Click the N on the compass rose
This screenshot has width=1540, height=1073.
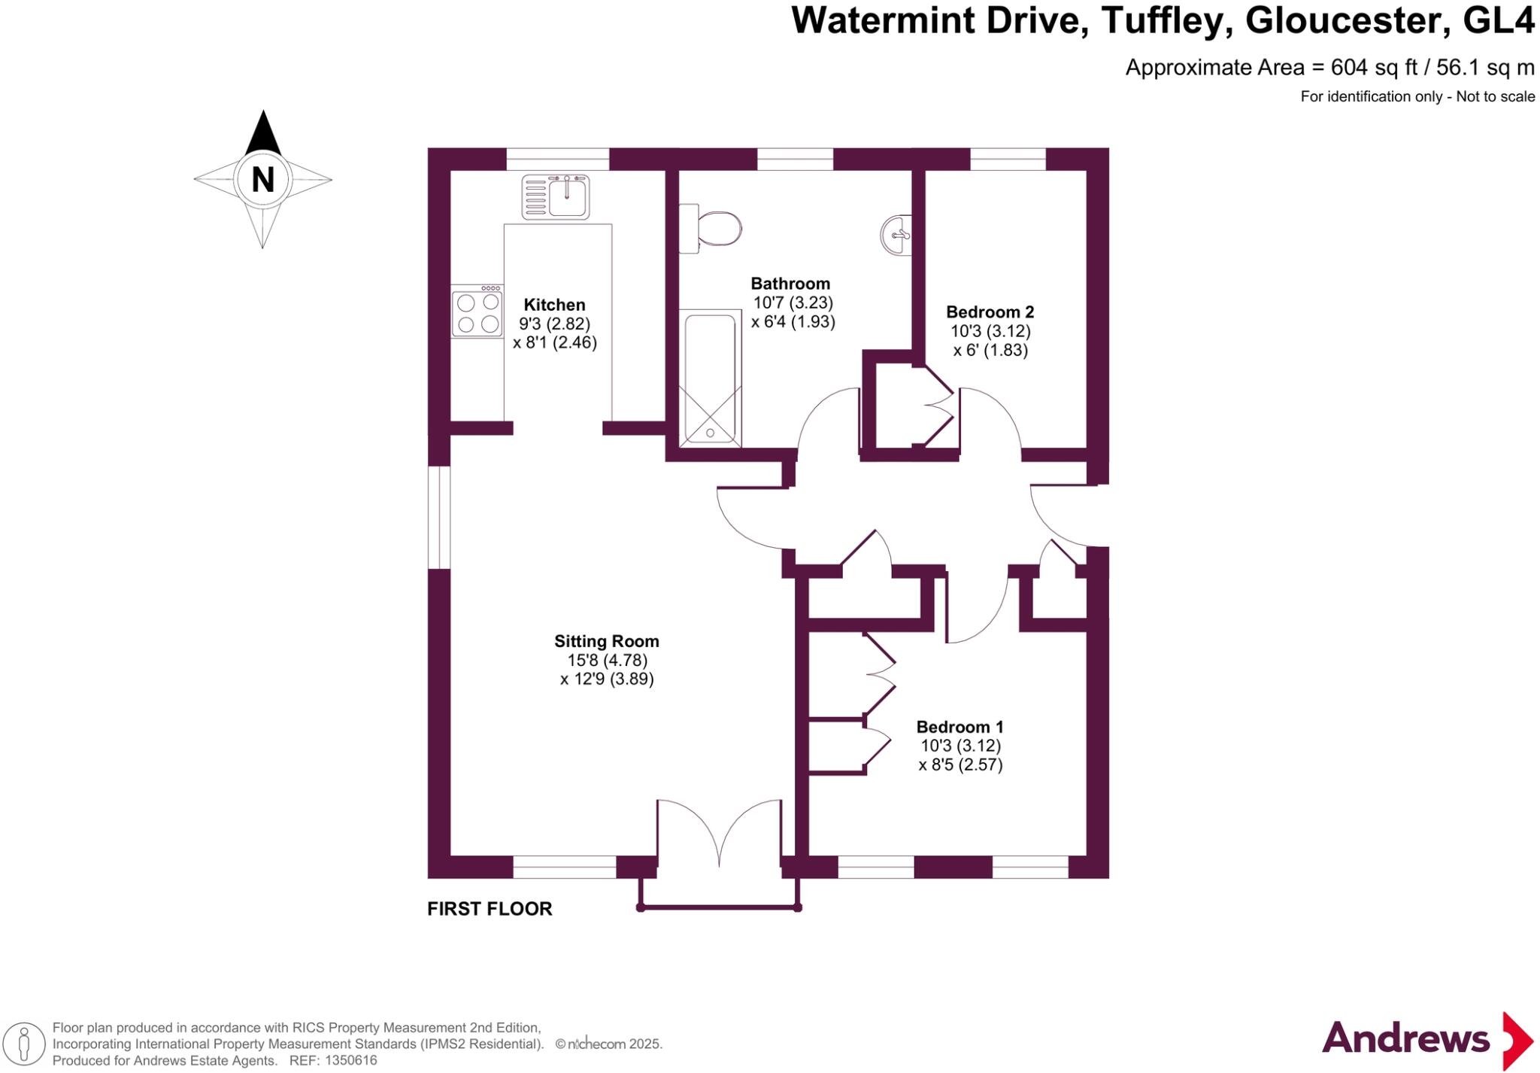(262, 180)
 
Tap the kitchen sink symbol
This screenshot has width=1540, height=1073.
(556, 196)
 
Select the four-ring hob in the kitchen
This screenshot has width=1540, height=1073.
(477, 312)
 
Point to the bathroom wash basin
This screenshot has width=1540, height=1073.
(896, 235)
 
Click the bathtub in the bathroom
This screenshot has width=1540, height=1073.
(711, 376)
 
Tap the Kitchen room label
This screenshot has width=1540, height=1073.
(554, 305)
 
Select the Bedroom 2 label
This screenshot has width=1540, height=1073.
(990, 312)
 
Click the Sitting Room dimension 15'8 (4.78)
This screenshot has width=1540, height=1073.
(607, 660)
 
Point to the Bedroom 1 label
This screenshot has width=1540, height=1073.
(959, 727)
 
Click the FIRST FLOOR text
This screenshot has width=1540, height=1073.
(490, 909)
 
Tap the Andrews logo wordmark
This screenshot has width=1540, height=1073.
(1405, 1039)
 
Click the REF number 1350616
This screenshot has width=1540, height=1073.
(349, 1060)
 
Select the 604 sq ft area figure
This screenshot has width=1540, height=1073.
(1373, 68)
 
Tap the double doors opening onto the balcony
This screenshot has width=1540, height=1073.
(720, 835)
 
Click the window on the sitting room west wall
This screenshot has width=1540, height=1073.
(438, 517)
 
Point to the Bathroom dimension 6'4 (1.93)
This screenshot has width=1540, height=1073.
(793, 322)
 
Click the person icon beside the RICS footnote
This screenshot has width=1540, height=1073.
(24, 1044)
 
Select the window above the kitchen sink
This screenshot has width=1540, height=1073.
(557, 160)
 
